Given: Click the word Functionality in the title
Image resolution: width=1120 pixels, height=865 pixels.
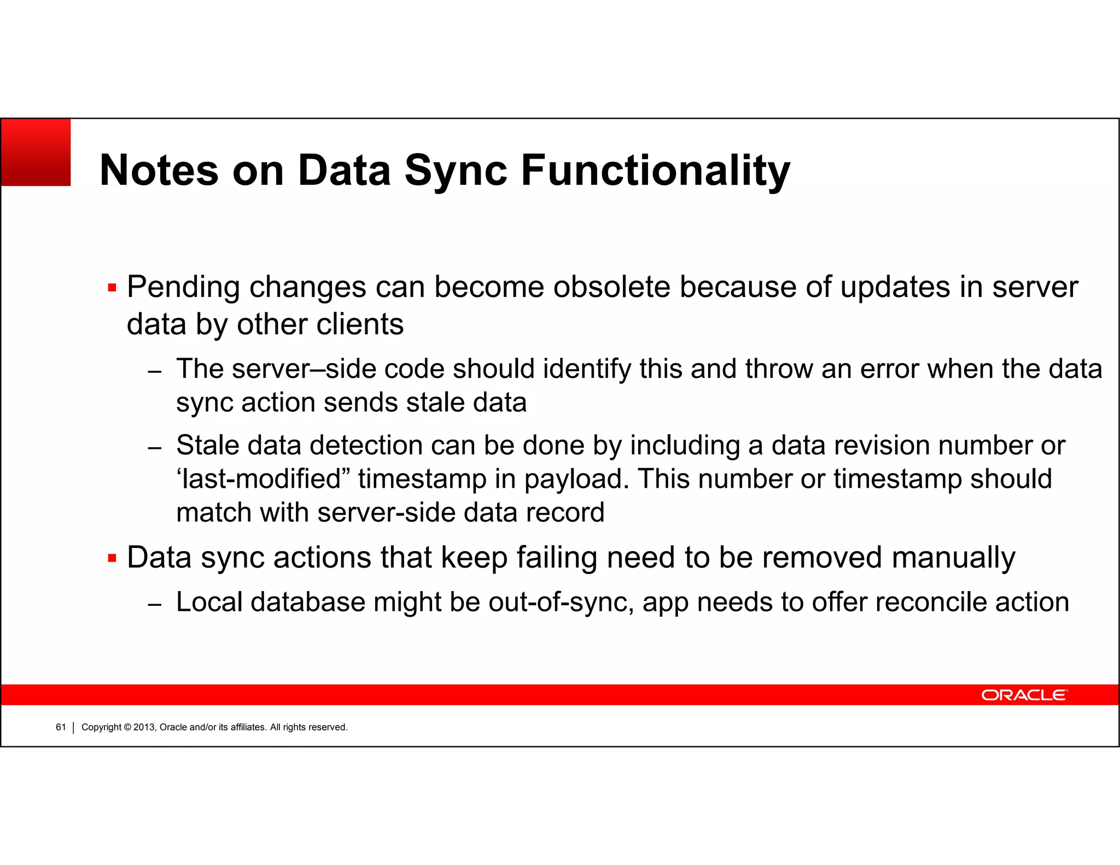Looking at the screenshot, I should click(655, 171).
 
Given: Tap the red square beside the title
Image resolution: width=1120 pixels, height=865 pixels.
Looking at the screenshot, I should click(36, 153).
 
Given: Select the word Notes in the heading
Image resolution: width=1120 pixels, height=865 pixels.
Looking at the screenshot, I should click(159, 171).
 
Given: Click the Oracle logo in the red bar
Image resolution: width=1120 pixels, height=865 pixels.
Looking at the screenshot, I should click(1024, 695).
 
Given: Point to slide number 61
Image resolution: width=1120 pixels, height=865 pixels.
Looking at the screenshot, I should click(61, 727).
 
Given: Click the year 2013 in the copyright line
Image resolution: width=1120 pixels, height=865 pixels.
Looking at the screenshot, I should click(144, 727).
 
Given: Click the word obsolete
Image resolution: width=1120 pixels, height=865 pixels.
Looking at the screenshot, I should click(611, 287).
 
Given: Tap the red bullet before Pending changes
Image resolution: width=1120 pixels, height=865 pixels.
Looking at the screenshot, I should click(112, 288).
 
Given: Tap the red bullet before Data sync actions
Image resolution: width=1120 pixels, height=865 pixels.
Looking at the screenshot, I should click(112, 558).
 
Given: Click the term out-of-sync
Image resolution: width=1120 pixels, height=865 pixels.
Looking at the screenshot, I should click(561, 603).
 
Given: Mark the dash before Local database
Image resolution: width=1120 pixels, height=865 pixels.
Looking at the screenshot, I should click(155, 604).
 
